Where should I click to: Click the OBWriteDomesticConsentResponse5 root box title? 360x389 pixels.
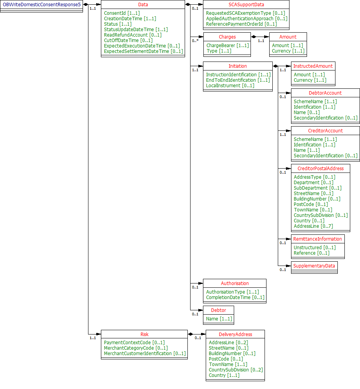(42, 4)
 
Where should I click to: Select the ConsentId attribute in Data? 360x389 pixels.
(122, 13)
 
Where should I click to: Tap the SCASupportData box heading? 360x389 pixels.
(246, 5)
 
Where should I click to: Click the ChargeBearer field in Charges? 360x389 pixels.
(228, 46)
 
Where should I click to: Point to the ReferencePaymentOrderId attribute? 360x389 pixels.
(241, 24)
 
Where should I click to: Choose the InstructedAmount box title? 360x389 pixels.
(313, 66)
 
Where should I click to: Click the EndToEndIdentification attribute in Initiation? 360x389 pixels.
(238, 80)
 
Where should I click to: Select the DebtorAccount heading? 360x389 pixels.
(325, 93)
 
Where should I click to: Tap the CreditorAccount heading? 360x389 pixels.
(325, 131)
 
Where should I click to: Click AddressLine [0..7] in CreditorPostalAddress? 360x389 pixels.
(313, 226)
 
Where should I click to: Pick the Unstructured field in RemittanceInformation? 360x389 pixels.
(314, 248)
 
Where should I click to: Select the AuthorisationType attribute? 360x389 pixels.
(232, 292)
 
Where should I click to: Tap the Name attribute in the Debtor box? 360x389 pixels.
(219, 319)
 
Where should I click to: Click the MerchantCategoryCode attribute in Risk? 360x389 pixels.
(136, 348)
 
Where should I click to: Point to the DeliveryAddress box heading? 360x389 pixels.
(235, 334)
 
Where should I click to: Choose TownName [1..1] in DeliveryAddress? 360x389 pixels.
(228, 364)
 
